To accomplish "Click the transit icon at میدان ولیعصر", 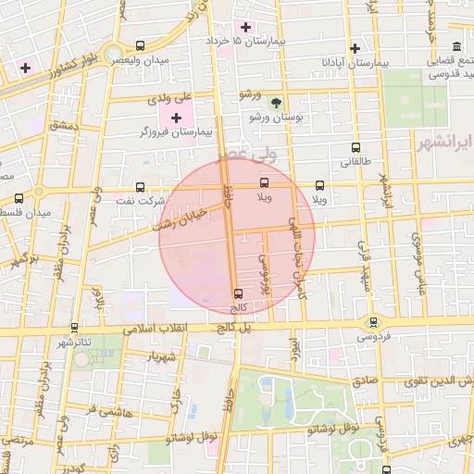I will pos(140,45).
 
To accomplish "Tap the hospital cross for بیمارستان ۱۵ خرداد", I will pos(245,26).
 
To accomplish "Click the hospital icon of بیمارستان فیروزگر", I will pos(177,118).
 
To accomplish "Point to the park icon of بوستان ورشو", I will pos(275,102).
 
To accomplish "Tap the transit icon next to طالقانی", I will pos(355,147).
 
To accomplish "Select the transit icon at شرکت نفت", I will pos(140,186).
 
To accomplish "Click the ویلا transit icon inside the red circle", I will pos(265,183).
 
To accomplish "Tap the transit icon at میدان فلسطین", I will pos(19,198).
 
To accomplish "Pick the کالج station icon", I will pos(239,293).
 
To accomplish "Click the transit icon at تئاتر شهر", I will pos(74,327).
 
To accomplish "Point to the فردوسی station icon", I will pos(373,322).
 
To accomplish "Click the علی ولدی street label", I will pos(173,97).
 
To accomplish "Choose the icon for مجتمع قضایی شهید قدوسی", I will pos(456,46).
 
